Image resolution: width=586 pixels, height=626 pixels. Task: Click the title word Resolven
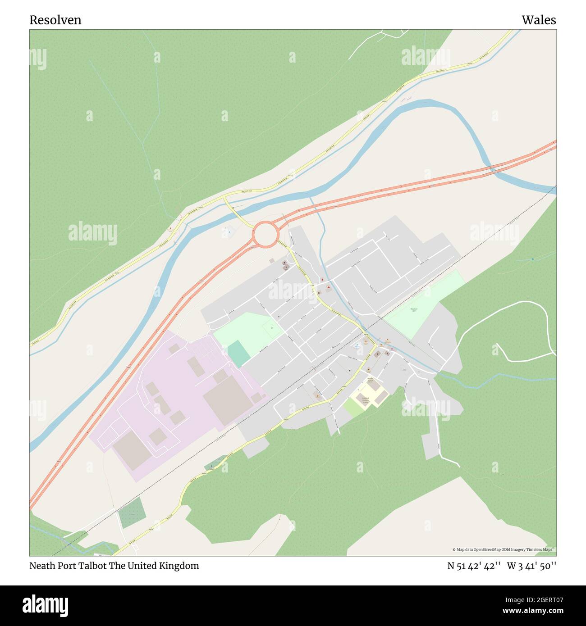coord(55,20)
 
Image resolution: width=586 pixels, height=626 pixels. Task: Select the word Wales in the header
coord(539,20)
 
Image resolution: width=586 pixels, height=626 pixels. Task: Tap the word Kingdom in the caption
coord(179,566)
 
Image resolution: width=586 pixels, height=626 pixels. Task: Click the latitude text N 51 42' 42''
coord(474,566)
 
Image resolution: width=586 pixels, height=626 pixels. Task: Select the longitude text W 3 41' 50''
coord(531,566)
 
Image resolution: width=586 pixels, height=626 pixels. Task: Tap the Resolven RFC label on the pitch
coord(414,309)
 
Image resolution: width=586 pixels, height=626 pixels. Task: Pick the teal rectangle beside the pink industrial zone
coord(238,353)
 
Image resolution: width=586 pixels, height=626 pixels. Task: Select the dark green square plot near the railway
coord(131,513)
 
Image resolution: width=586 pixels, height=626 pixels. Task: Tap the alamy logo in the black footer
coord(45,604)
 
